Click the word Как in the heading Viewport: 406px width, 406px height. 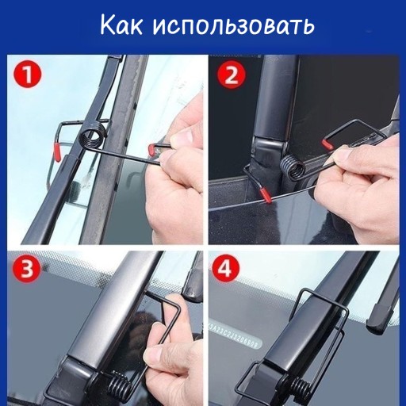(x=121, y=25)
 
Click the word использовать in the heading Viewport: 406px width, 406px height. (x=234, y=26)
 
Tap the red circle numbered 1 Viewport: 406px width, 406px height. (x=28, y=75)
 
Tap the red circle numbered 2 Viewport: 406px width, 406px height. (x=232, y=75)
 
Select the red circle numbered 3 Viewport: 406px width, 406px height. (x=27, y=269)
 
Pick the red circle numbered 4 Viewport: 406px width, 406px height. (x=225, y=269)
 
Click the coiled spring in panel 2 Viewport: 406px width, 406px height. (x=293, y=167)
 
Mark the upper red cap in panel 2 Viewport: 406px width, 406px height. (x=327, y=144)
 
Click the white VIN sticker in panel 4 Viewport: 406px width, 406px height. (x=236, y=334)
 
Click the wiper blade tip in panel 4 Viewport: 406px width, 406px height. (x=377, y=319)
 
